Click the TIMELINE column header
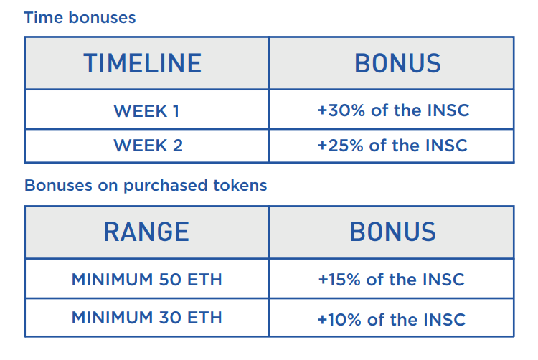[x=143, y=63]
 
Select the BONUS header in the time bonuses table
[x=397, y=63]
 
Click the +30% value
[x=341, y=110]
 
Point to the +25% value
[x=340, y=146]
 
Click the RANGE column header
[x=146, y=232]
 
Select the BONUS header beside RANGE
[x=393, y=232]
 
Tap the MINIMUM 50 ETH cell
[x=147, y=280]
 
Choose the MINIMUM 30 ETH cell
[x=147, y=318]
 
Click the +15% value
[x=339, y=280]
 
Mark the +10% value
[x=339, y=320]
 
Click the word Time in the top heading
[x=44, y=17]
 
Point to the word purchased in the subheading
[x=166, y=186]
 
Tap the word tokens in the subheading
[x=240, y=186]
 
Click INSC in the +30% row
[x=448, y=110]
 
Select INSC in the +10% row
[x=444, y=320]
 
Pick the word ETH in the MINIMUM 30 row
[x=204, y=318]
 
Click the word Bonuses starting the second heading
[x=58, y=186]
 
